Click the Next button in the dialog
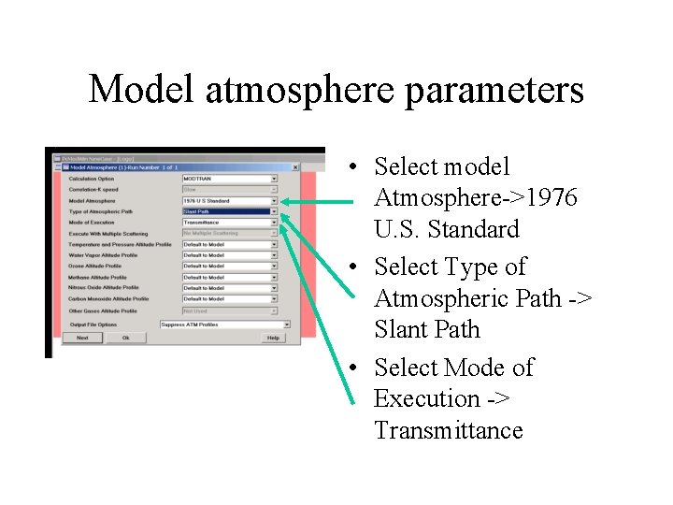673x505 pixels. click(x=82, y=338)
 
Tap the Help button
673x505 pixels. click(x=273, y=338)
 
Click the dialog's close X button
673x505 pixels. click(x=295, y=167)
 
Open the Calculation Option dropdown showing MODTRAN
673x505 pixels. click(x=230, y=178)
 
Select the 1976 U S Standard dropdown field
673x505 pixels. click(x=230, y=200)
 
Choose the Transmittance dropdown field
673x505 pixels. click(x=230, y=223)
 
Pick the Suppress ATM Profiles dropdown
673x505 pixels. click(x=224, y=325)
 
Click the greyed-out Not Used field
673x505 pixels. click(x=230, y=310)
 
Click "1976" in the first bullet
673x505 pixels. click(x=552, y=198)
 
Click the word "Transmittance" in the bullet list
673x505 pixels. click(x=448, y=431)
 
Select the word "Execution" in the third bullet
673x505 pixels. click(x=424, y=398)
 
